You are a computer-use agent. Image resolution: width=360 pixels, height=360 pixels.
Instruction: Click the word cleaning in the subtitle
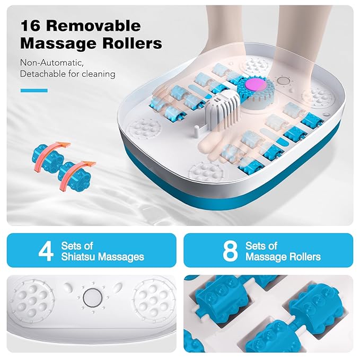pyautogui.click(x=98, y=74)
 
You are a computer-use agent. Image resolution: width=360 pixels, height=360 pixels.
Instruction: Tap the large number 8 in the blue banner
pyautogui.click(x=230, y=251)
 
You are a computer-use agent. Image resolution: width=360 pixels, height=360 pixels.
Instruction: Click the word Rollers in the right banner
pyautogui.click(x=302, y=257)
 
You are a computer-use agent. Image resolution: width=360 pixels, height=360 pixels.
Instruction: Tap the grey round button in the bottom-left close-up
pyautogui.click(x=91, y=296)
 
